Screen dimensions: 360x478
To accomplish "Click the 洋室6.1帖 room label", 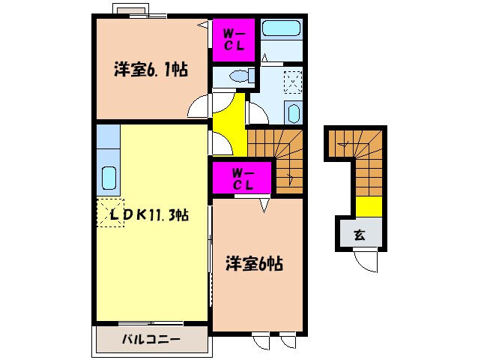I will [150, 70].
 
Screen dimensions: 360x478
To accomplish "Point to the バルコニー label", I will [151, 339].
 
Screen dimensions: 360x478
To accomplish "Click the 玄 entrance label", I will [360, 235].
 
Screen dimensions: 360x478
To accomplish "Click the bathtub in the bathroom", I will [282, 31].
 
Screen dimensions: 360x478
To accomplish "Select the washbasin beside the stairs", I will [292, 113].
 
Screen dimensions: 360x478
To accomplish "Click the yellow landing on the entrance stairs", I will [367, 205].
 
